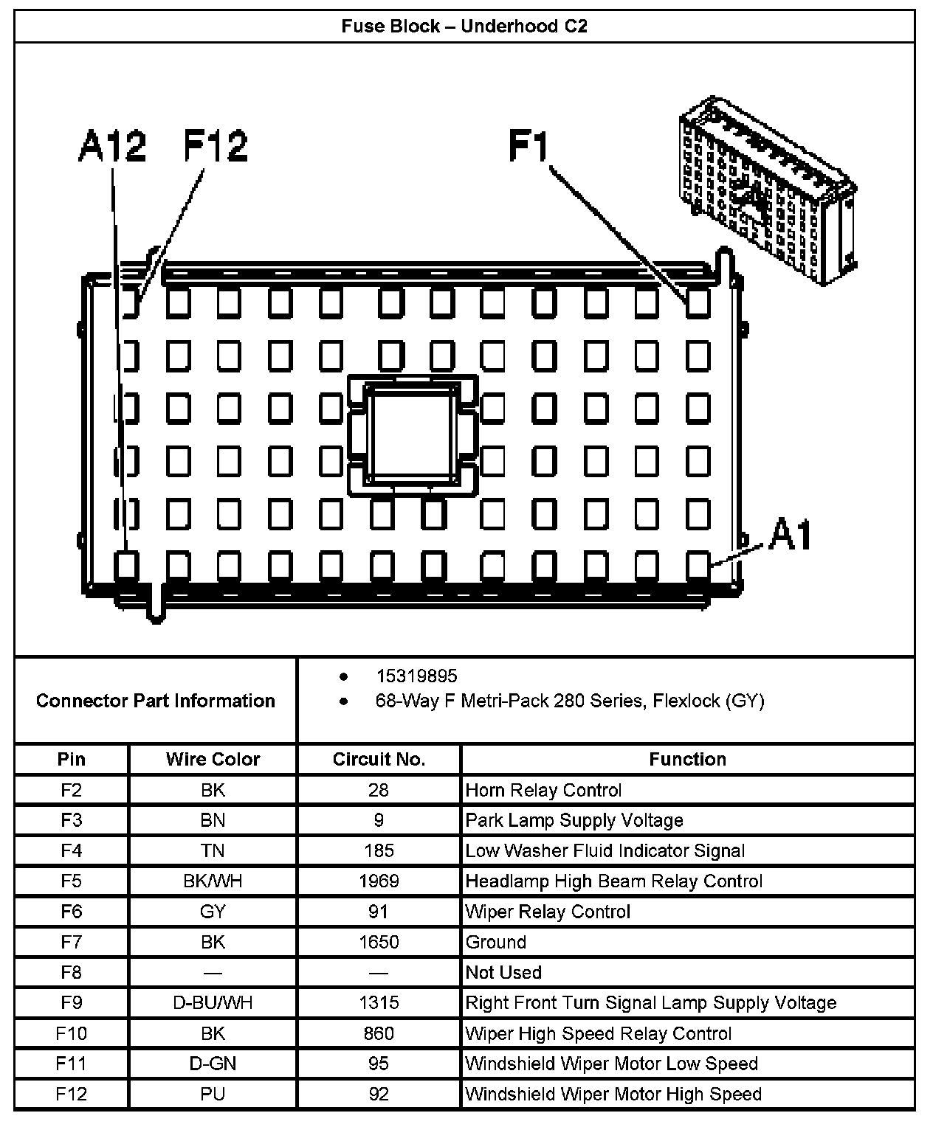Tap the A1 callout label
click(x=790, y=535)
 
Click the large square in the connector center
click(x=413, y=434)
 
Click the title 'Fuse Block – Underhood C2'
click(x=464, y=27)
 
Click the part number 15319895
click(x=416, y=676)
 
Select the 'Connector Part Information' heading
click(x=156, y=701)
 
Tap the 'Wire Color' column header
click(x=213, y=759)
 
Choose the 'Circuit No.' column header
click(x=379, y=759)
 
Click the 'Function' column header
click(x=687, y=759)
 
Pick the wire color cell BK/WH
click(x=213, y=881)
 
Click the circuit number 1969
click(x=379, y=881)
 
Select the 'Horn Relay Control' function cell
click(x=544, y=791)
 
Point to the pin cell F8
click(x=71, y=972)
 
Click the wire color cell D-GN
click(x=213, y=1064)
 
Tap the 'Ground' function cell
click(x=496, y=942)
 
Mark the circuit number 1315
click(x=379, y=1002)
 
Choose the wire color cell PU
click(x=213, y=1094)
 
